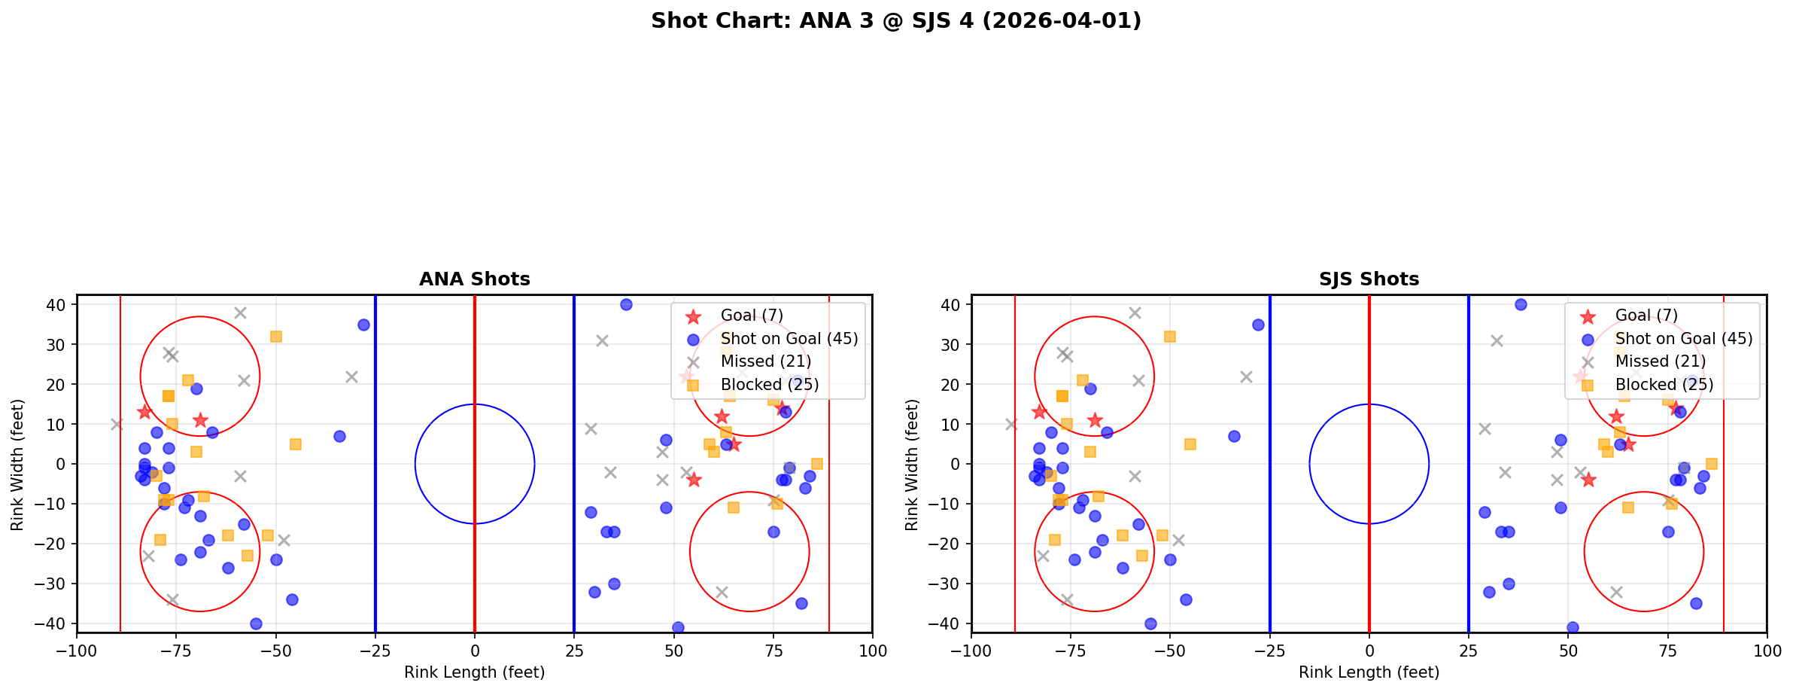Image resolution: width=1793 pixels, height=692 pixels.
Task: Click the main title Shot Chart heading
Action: (895, 21)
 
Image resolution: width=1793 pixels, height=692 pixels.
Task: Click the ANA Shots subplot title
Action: (474, 279)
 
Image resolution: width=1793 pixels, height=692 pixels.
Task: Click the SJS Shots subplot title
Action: (1369, 279)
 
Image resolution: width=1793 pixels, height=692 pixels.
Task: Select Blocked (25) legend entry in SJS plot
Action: (1664, 385)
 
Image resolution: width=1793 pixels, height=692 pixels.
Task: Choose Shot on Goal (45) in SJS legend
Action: (1683, 339)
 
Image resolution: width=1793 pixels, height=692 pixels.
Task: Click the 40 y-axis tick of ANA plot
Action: (59, 305)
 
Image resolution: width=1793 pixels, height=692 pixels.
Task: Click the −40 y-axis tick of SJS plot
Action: (950, 623)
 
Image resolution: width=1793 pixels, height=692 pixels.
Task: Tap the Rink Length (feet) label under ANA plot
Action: (474, 672)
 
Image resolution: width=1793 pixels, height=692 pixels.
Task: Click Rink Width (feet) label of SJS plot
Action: (912, 465)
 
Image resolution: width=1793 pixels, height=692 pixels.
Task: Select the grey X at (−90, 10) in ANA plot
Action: (117, 424)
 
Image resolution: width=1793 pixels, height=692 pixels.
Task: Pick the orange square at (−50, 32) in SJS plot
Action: (1170, 337)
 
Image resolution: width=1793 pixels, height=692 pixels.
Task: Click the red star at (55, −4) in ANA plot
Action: (694, 480)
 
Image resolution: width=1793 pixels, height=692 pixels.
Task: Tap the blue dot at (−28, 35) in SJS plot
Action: (1258, 325)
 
